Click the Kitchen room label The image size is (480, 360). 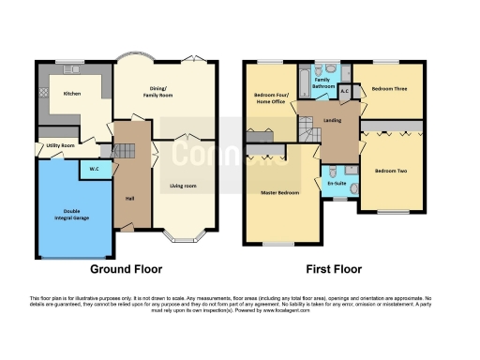click(x=72, y=94)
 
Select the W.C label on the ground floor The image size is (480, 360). click(x=95, y=169)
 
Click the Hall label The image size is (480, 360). click(x=128, y=198)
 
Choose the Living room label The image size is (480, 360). click(x=182, y=186)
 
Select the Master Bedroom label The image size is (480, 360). click(x=279, y=192)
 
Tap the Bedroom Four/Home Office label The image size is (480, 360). click(x=270, y=99)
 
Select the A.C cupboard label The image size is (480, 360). click(x=345, y=91)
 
